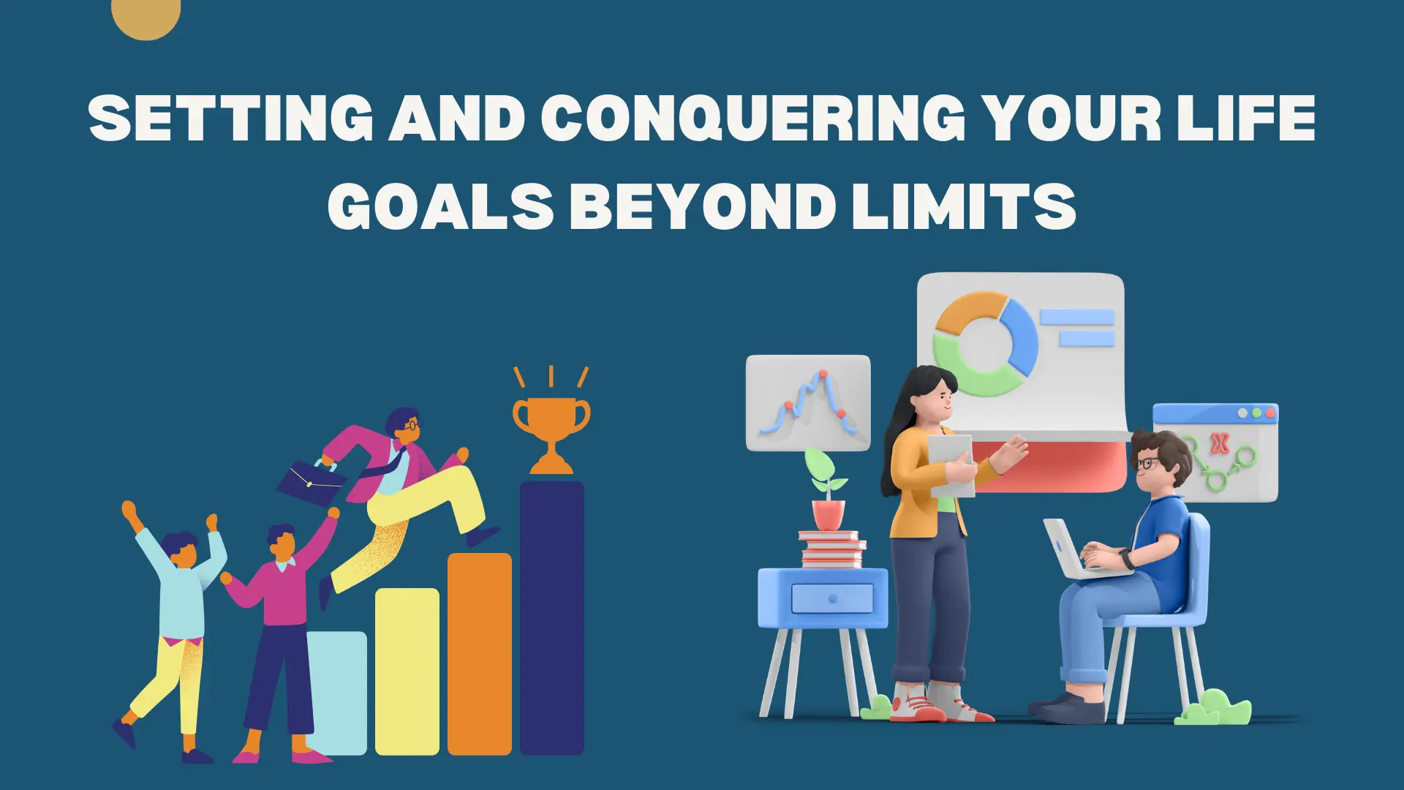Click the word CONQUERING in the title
pos(753,118)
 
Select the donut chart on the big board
pos(985,344)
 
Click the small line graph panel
pos(808,402)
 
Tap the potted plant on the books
pos(827,490)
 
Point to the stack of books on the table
pos(832,550)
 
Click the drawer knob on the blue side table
pos(832,598)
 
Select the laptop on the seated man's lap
pos(1075,552)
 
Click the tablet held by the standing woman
pos(951,464)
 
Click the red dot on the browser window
pos(1270,413)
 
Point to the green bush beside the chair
pos(1214,707)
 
